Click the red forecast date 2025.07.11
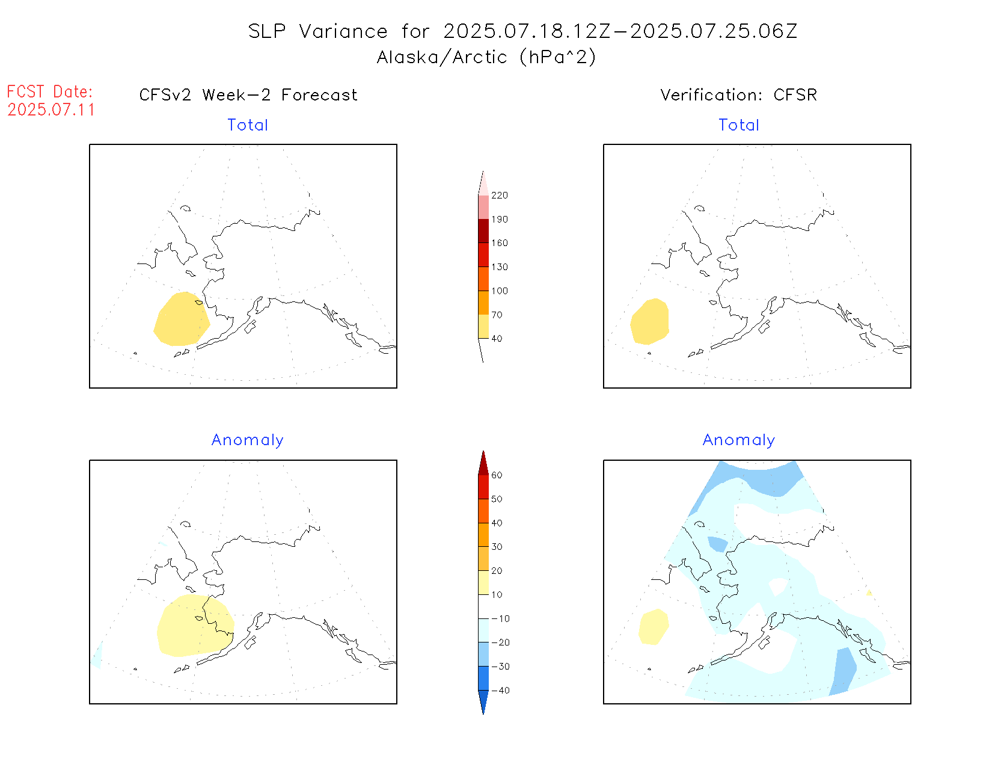click(51, 109)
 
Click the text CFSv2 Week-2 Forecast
click(248, 95)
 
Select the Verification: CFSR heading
click(738, 95)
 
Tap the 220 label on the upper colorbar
click(499, 196)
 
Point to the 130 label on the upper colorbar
click(499, 267)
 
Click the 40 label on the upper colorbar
click(497, 339)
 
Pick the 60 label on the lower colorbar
click(497, 475)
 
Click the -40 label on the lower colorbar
click(500, 691)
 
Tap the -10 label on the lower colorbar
click(500, 619)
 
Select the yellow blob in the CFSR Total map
click(650, 321)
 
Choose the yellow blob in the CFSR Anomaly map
click(653, 626)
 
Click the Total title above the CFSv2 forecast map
click(248, 125)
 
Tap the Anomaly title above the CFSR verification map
click(738, 440)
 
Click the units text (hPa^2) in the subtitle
click(558, 57)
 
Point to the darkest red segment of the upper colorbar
click(483, 231)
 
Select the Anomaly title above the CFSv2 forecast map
click(247, 440)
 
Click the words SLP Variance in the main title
click(318, 31)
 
